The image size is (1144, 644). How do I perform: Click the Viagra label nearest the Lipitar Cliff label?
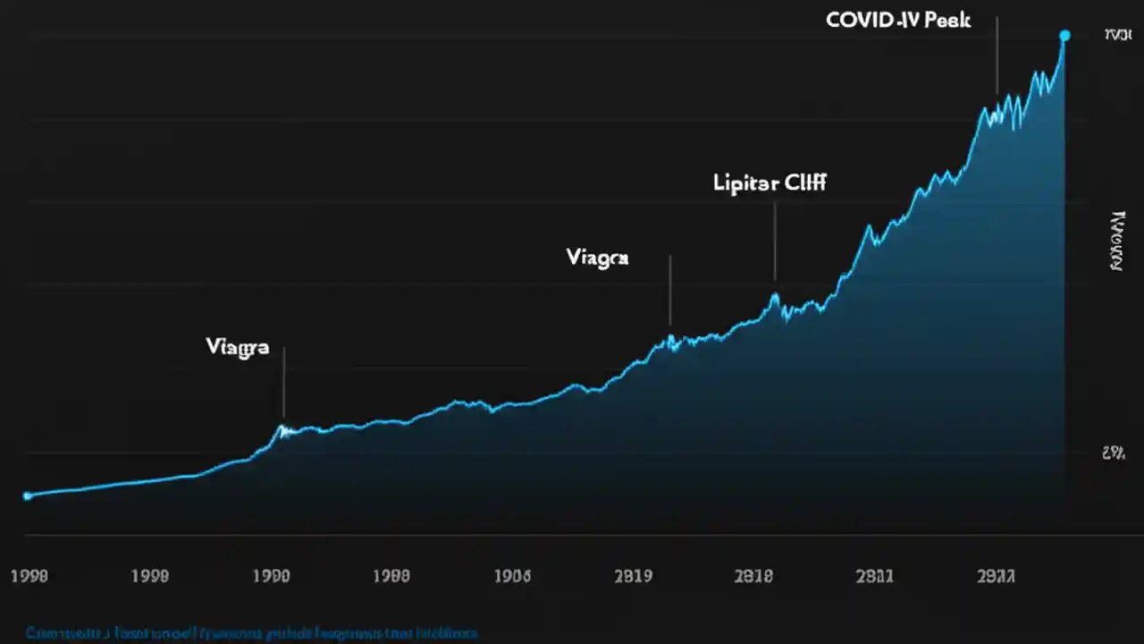(597, 258)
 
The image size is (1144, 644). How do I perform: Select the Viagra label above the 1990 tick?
(237, 348)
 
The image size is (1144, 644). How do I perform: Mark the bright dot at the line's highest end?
(1064, 36)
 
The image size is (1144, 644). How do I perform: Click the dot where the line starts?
(27, 496)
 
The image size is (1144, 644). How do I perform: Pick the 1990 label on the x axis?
(271, 576)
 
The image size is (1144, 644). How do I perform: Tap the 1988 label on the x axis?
(391, 576)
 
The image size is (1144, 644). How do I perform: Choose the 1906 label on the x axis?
(512, 576)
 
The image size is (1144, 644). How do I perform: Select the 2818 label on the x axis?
(753, 576)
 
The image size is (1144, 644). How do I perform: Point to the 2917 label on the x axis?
(996, 576)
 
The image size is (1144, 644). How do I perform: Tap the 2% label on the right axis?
(1113, 453)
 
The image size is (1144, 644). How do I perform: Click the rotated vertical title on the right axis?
(1115, 241)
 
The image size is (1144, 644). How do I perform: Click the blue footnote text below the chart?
(251, 633)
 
